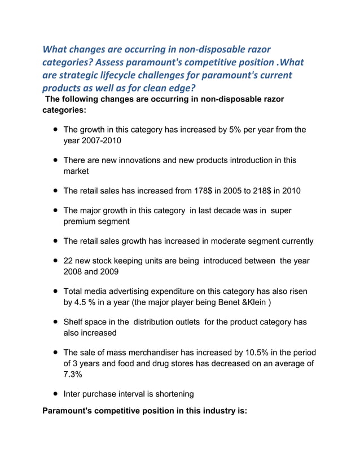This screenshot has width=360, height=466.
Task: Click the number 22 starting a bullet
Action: pos(69,261)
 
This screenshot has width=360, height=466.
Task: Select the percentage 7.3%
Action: pos(73,374)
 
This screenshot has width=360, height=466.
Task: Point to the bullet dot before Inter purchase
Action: pos(56,394)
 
